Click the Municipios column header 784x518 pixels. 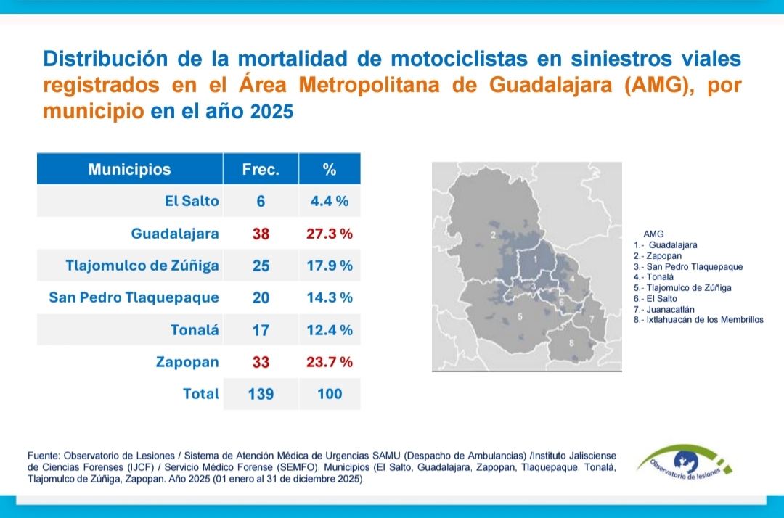pos(129,170)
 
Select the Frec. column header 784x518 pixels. pos(261,170)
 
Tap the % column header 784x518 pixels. pos(330,170)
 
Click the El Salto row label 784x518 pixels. pos(192,201)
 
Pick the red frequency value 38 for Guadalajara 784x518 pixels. pos(261,234)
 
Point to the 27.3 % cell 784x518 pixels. pos(330,234)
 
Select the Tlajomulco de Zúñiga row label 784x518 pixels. pos(142,266)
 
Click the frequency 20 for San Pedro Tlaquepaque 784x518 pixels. pos(261,297)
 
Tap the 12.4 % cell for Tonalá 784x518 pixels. pos(330,330)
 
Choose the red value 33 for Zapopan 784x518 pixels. pos(261,361)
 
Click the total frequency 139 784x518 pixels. pos(261,394)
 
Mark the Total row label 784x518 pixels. pos(201,394)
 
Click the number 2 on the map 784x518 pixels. pos(494,235)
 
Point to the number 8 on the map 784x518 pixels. pos(571,342)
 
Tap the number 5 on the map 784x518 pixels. pos(520,316)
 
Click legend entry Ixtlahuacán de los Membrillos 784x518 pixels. pos(698,319)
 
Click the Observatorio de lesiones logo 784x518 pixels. pos(685,465)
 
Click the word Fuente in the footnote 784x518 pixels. pos(44,455)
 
